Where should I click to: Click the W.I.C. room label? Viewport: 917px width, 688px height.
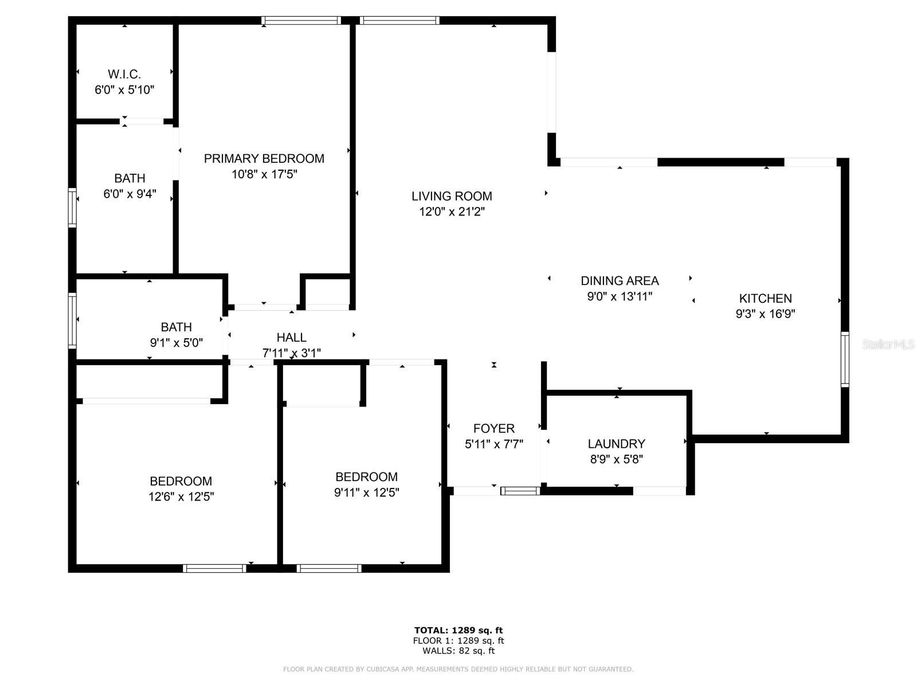click(x=124, y=74)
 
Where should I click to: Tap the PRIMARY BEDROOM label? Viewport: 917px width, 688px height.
click(x=264, y=159)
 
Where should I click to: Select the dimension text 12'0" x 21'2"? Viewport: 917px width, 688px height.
click(x=452, y=212)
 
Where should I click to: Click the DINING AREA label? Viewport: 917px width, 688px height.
click(x=620, y=281)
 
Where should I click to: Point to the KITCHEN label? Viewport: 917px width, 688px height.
click(x=765, y=298)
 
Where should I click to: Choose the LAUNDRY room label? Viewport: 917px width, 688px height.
click(x=616, y=444)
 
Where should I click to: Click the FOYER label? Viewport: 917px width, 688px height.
click(x=493, y=428)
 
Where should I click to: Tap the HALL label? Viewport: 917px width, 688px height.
click(x=291, y=338)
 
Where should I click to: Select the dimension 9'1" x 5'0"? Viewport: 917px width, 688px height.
click(x=176, y=343)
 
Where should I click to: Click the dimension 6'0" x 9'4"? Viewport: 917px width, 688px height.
click(x=130, y=194)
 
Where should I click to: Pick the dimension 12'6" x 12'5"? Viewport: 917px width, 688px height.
click(x=181, y=497)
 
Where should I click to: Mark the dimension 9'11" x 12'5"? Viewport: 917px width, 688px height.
click(x=366, y=492)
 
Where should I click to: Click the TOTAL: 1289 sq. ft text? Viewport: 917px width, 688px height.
click(x=458, y=631)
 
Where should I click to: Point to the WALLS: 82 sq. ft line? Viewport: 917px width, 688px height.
click(x=458, y=651)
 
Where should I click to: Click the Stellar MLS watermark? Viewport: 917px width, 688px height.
click(x=888, y=345)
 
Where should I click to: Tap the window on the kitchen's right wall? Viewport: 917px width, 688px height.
click(x=844, y=359)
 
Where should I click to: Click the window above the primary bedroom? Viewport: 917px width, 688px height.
click(x=301, y=21)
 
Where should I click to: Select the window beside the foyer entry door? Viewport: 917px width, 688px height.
click(x=520, y=491)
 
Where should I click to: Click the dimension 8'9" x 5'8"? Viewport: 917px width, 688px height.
click(x=616, y=459)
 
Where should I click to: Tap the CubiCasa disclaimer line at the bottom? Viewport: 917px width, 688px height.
click(x=458, y=669)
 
